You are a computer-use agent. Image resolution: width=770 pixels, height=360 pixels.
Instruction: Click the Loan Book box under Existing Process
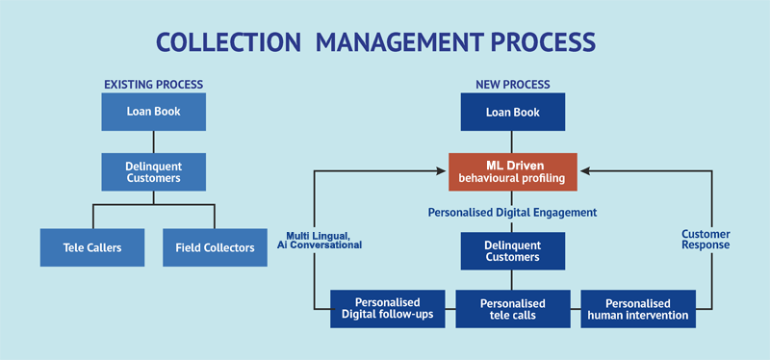(x=153, y=112)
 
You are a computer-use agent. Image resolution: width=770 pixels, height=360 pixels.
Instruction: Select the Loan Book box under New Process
(x=512, y=112)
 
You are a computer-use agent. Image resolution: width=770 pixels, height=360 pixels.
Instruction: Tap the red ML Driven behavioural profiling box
(x=512, y=171)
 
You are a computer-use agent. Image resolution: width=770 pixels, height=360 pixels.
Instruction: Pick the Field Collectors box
(x=215, y=247)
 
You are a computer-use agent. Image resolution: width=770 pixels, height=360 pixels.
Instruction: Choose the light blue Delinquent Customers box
(x=153, y=171)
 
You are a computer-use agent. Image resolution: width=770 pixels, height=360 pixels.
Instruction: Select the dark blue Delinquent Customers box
(x=512, y=250)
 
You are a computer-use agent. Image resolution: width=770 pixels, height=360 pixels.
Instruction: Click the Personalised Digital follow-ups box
(x=388, y=308)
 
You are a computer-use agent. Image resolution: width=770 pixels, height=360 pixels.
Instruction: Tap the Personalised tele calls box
(x=512, y=308)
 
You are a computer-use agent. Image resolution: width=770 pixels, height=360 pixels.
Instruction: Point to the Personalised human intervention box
(x=638, y=308)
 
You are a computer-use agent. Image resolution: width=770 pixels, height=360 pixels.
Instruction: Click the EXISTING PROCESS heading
(x=153, y=85)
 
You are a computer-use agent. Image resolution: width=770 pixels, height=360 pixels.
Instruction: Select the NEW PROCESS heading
(x=512, y=85)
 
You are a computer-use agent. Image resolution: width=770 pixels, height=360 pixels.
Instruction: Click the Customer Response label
(x=705, y=240)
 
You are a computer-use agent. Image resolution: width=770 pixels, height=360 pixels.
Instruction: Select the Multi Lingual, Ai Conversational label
(x=323, y=240)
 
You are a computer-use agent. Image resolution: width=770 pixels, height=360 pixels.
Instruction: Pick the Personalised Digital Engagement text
(x=512, y=212)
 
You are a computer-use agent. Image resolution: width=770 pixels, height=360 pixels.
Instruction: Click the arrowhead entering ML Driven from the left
(x=443, y=171)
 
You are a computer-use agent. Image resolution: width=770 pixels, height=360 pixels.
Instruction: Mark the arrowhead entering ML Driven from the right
(x=582, y=171)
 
